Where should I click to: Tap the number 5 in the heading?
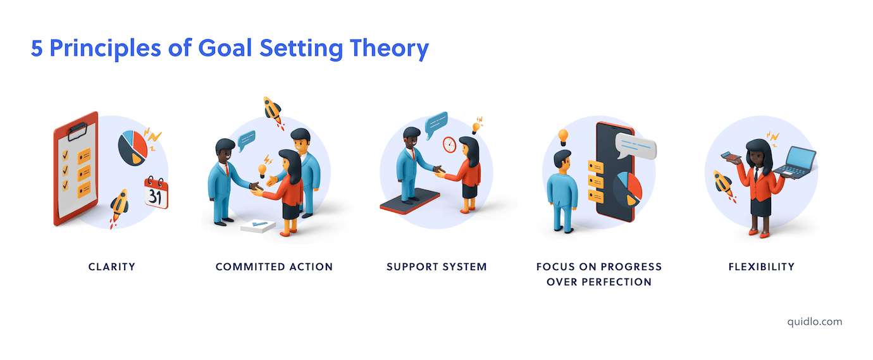tap(37, 49)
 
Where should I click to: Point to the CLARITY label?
tap(112, 267)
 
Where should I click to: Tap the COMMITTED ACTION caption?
tap(274, 267)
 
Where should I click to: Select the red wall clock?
tap(450, 144)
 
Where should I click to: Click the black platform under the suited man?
tap(409, 204)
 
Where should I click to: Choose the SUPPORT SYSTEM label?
tap(436, 267)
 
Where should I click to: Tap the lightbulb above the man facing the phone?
tap(562, 137)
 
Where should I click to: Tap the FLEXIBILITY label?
tap(761, 267)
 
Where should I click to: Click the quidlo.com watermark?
tap(815, 321)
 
